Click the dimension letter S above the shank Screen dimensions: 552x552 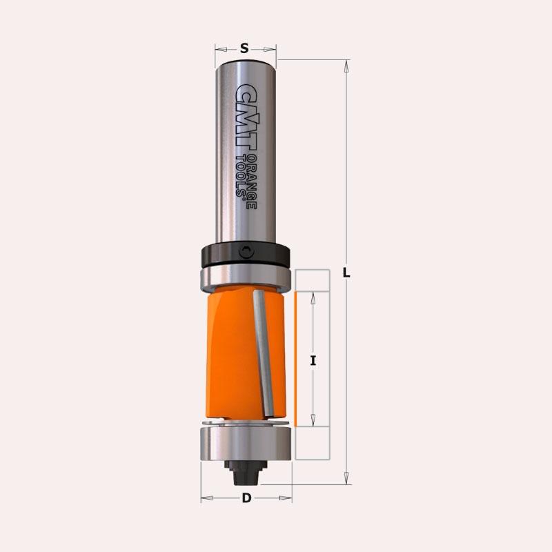(x=244, y=48)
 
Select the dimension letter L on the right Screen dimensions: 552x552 (x=346, y=273)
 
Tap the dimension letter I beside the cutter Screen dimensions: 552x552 (x=313, y=360)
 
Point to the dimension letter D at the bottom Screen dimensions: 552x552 (x=247, y=498)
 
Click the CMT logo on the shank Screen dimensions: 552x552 (x=246, y=116)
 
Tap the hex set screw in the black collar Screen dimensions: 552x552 (x=246, y=252)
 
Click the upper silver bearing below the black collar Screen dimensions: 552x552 (x=246, y=280)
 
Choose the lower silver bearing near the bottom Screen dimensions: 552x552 (x=246, y=444)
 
